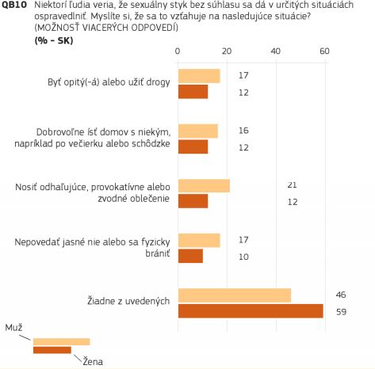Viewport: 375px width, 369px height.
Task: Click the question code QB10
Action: click(14, 5)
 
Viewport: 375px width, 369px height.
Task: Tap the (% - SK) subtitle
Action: click(54, 40)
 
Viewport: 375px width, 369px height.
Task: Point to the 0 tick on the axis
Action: click(178, 51)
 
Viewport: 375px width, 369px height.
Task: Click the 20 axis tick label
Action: click(227, 51)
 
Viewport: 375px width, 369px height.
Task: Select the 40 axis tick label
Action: click(275, 51)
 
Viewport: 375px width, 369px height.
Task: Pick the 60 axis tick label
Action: click(324, 51)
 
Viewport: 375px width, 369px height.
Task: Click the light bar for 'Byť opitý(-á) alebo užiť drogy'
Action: click(199, 76)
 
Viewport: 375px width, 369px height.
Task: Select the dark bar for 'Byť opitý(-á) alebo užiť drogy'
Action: click(193, 92)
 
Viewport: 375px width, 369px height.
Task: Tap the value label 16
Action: click(243, 131)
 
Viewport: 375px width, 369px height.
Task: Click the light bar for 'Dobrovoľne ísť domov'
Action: click(198, 131)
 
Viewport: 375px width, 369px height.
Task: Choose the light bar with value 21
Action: click(204, 185)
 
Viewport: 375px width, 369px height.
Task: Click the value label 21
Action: click(292, 184)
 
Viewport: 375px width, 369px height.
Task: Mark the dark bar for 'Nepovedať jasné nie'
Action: click(190, 256)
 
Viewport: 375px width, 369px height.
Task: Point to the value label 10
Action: click(243, 257)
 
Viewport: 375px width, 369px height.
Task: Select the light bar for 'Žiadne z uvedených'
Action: click(235, 295)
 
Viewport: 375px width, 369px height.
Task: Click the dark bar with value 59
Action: click(251, 311)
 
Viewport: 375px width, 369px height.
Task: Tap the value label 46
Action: click(341, 295)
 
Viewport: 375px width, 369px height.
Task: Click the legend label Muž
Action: click(13, 328)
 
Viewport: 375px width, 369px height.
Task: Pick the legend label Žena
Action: click(93, 361)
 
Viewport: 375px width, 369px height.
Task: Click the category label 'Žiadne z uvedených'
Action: click(128, 301)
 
